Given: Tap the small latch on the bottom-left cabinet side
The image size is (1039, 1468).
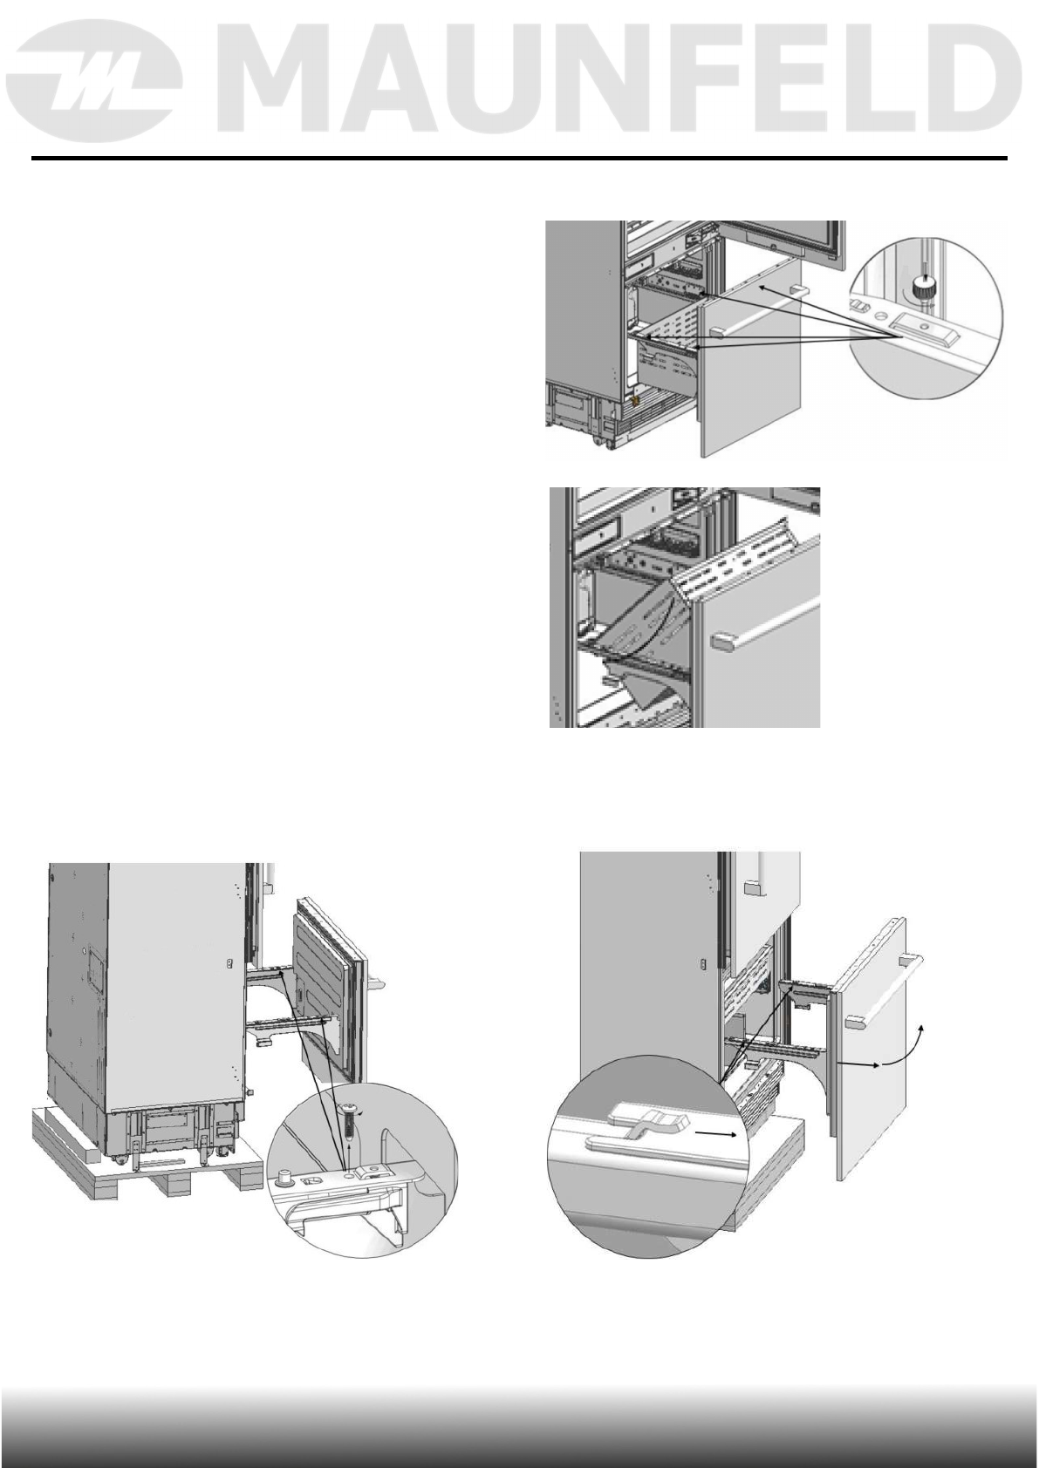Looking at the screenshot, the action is [x=229, y=964].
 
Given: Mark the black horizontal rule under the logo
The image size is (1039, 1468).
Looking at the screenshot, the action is [x=519, y=159].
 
